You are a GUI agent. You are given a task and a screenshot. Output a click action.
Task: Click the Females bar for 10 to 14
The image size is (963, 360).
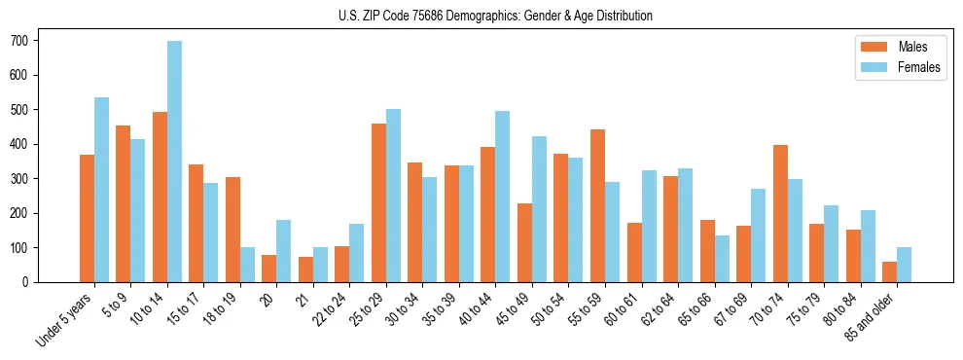174,162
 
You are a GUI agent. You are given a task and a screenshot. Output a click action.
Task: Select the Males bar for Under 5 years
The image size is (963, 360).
87,218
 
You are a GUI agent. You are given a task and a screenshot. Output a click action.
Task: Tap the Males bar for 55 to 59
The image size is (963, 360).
597,205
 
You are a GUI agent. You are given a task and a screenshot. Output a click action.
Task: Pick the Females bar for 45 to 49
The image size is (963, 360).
539,209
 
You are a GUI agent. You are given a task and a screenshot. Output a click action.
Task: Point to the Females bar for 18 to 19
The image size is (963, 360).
247,265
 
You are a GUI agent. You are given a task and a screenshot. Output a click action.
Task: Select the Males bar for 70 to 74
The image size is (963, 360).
780,213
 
